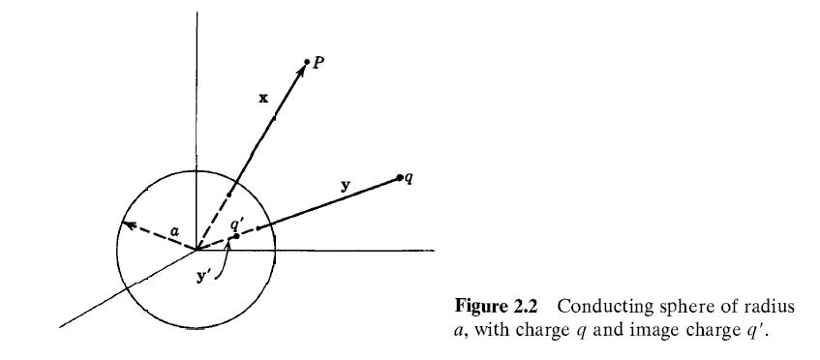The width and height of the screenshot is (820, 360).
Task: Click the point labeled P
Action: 308,62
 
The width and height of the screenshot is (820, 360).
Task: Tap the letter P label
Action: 318,62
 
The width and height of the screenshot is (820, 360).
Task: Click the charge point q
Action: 399,177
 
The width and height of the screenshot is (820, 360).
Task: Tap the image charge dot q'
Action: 235,236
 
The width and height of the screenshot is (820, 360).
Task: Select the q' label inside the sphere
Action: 234,224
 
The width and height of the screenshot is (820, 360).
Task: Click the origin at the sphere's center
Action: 197,249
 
